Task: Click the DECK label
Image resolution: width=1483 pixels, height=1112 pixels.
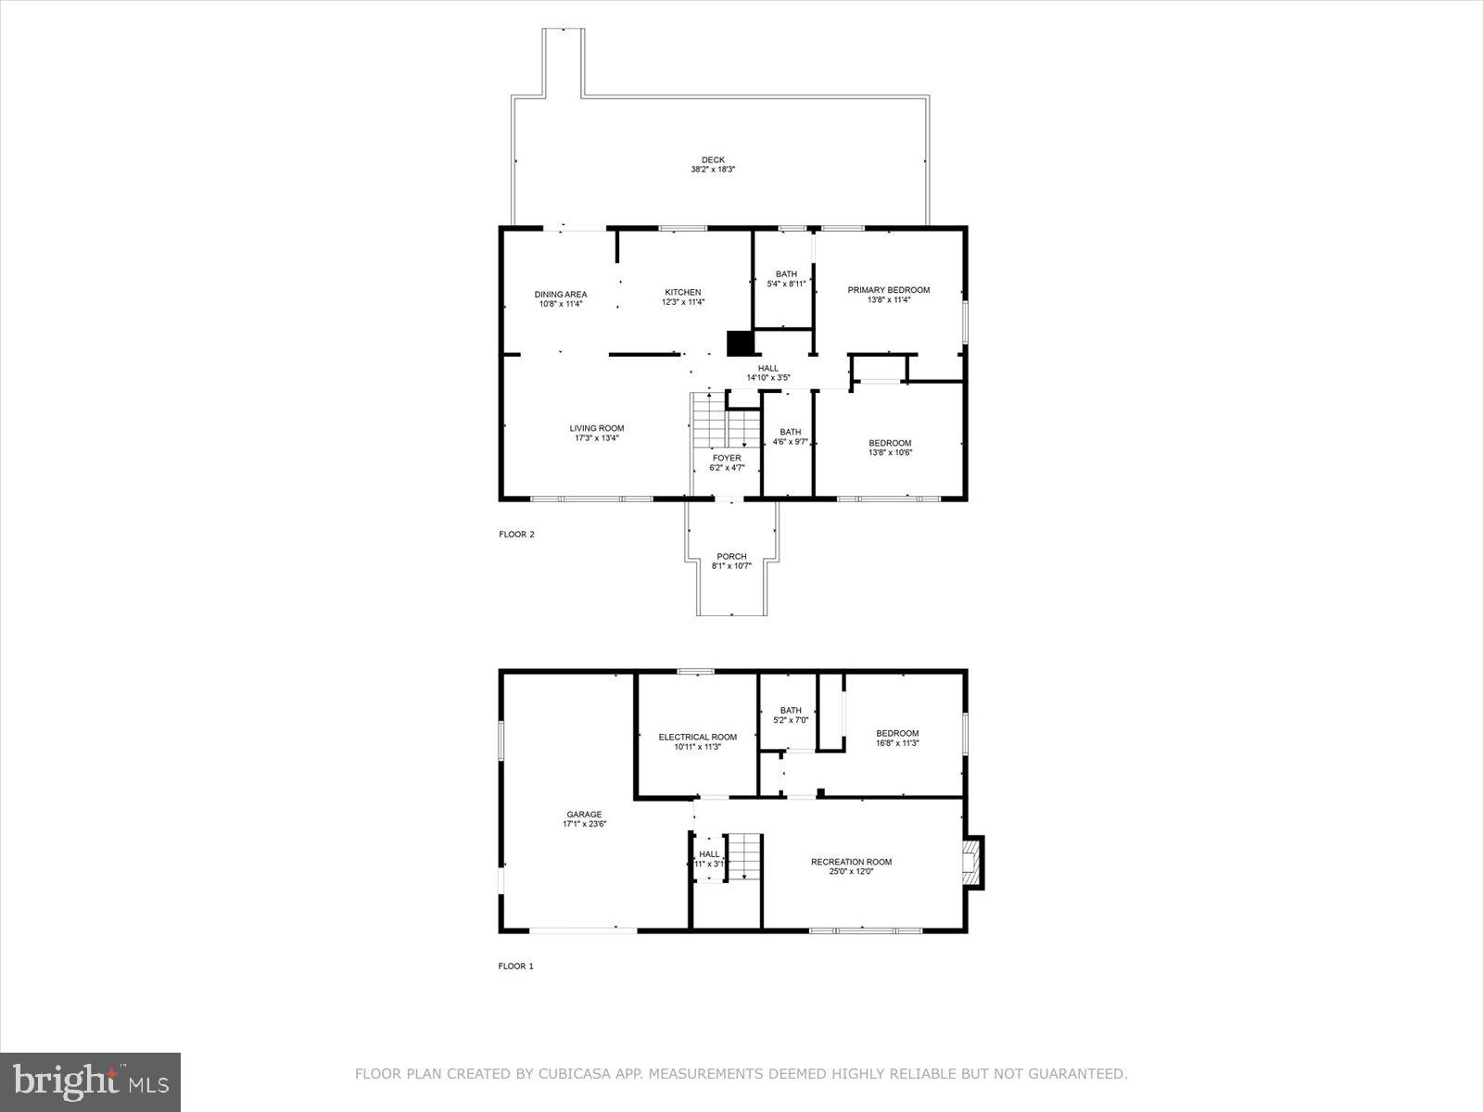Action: (x=713, y=159)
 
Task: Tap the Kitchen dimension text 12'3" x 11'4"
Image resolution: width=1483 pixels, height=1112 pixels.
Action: (x=683, y=302)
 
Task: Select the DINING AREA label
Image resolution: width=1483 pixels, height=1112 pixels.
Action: (x=560, y=295)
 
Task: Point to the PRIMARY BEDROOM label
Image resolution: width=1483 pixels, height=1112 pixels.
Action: (x=888, y=290)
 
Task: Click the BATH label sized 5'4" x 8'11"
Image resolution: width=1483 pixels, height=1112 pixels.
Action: (x=786, y=274)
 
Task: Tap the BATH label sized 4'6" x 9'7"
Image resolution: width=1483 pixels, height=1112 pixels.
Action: (x=790, y=432)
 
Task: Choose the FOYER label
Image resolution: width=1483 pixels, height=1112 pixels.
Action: (x=727, y=458)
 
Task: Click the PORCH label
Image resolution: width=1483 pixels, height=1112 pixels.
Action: (x=731, y=557)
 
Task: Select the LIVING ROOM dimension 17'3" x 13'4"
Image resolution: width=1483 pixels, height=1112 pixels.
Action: (x=596, y=438)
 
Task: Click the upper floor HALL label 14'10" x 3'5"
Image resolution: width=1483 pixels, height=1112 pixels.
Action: (x=767, y=368)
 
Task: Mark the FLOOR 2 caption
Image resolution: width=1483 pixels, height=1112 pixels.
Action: (x=516, y=534)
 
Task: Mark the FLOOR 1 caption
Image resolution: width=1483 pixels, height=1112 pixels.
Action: (x=516, y=966)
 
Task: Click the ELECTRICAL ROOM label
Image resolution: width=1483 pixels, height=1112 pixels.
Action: (x=698, y=737)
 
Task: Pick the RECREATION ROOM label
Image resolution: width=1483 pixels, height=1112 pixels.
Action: (x=851, y=862)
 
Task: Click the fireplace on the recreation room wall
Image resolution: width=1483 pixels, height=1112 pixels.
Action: (x=972, y=863)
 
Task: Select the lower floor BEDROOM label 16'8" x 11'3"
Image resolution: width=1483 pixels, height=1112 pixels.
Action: (x=897, y=733)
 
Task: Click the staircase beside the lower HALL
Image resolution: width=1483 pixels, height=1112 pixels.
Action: (x=743, y=857)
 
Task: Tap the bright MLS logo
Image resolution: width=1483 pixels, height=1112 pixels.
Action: (x=90, y=1081)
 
